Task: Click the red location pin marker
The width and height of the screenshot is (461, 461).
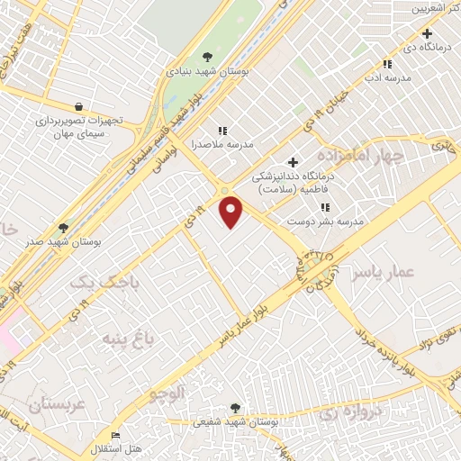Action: [x=232, y=212]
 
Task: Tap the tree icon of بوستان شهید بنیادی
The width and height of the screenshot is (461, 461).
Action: [x=208, y=58]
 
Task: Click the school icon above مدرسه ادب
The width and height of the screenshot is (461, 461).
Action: [x=387, y=65]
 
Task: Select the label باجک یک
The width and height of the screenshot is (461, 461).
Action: [x=94, y=283]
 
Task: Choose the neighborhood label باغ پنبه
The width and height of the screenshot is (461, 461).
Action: [x=115, y=338]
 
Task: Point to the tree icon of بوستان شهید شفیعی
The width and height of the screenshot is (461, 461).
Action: [x=236, y=408]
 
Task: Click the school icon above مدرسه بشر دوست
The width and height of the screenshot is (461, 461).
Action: [x=324, y=208]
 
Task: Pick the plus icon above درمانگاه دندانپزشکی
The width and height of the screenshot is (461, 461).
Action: [x=292, y=162]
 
